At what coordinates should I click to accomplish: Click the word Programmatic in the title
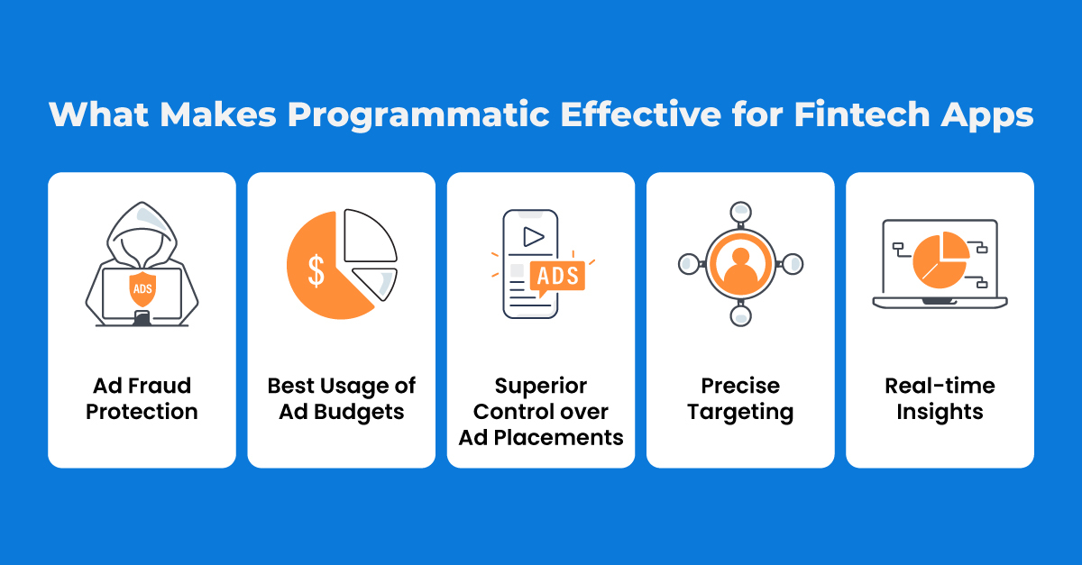(418, 115)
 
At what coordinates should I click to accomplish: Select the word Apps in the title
(986, 116)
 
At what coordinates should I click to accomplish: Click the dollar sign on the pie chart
(316, 271)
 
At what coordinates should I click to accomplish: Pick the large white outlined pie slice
(370, 236)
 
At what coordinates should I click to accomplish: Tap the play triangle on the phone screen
(533, 237)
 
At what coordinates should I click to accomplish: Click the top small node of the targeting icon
(740, 212)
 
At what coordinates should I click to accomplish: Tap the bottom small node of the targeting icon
(740, 315)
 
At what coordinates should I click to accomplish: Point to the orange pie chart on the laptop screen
(940, 260)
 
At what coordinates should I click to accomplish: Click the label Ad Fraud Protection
(142, 398)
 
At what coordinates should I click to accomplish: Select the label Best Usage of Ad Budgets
(342, 399)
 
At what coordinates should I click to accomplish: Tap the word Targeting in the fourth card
(740, 413)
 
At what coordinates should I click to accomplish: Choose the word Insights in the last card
(940, 412)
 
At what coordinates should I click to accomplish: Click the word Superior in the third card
(541, 387)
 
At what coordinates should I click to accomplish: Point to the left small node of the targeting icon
(689, 264)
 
